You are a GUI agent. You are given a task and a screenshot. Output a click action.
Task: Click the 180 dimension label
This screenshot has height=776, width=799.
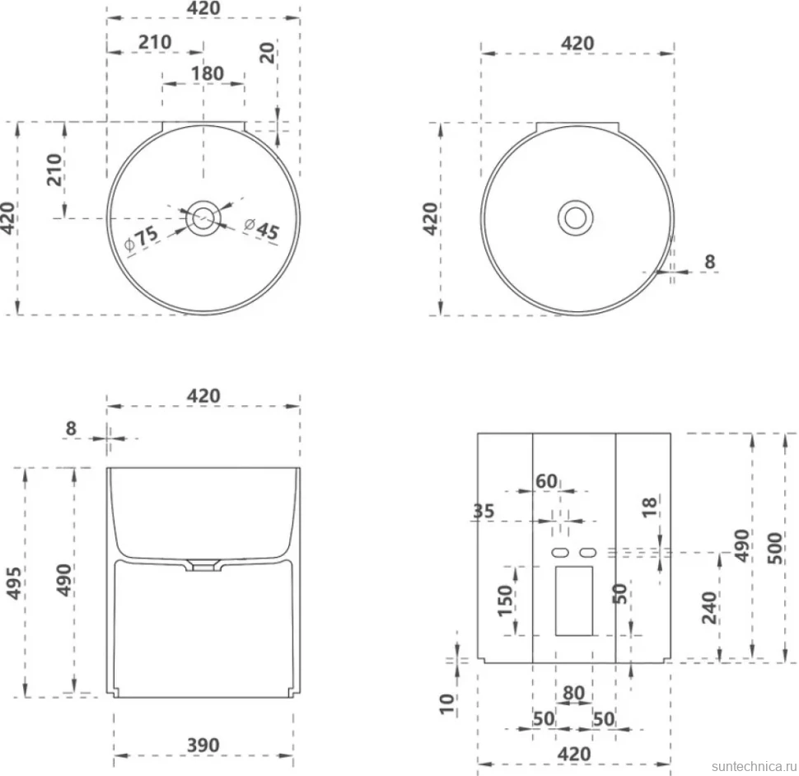coord(208,73)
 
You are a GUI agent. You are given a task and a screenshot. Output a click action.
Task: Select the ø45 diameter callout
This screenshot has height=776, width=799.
coord(261,227)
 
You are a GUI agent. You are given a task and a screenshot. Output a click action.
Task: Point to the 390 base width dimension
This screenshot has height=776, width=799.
coord(203,745)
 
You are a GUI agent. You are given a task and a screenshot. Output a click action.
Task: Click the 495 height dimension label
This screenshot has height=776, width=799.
coord(13,583)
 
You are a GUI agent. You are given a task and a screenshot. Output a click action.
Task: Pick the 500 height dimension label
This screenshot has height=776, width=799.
coord(774,548)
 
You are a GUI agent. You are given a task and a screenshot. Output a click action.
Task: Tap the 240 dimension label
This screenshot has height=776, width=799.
coord(710,607)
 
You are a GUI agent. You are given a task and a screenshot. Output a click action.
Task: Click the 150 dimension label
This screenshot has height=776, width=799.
coord(505,601)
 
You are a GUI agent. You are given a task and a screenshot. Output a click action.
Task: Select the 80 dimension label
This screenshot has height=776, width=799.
coord(574,693)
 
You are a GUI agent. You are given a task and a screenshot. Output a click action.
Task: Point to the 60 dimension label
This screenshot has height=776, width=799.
coord(546,481)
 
